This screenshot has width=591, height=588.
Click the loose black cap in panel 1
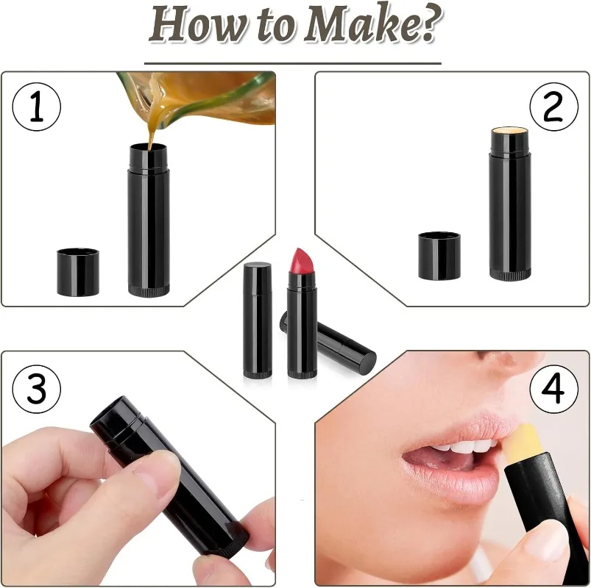(78, 272)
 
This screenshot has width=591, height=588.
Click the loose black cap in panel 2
(439, 256)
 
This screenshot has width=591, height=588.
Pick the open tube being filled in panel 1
(148, 220)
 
